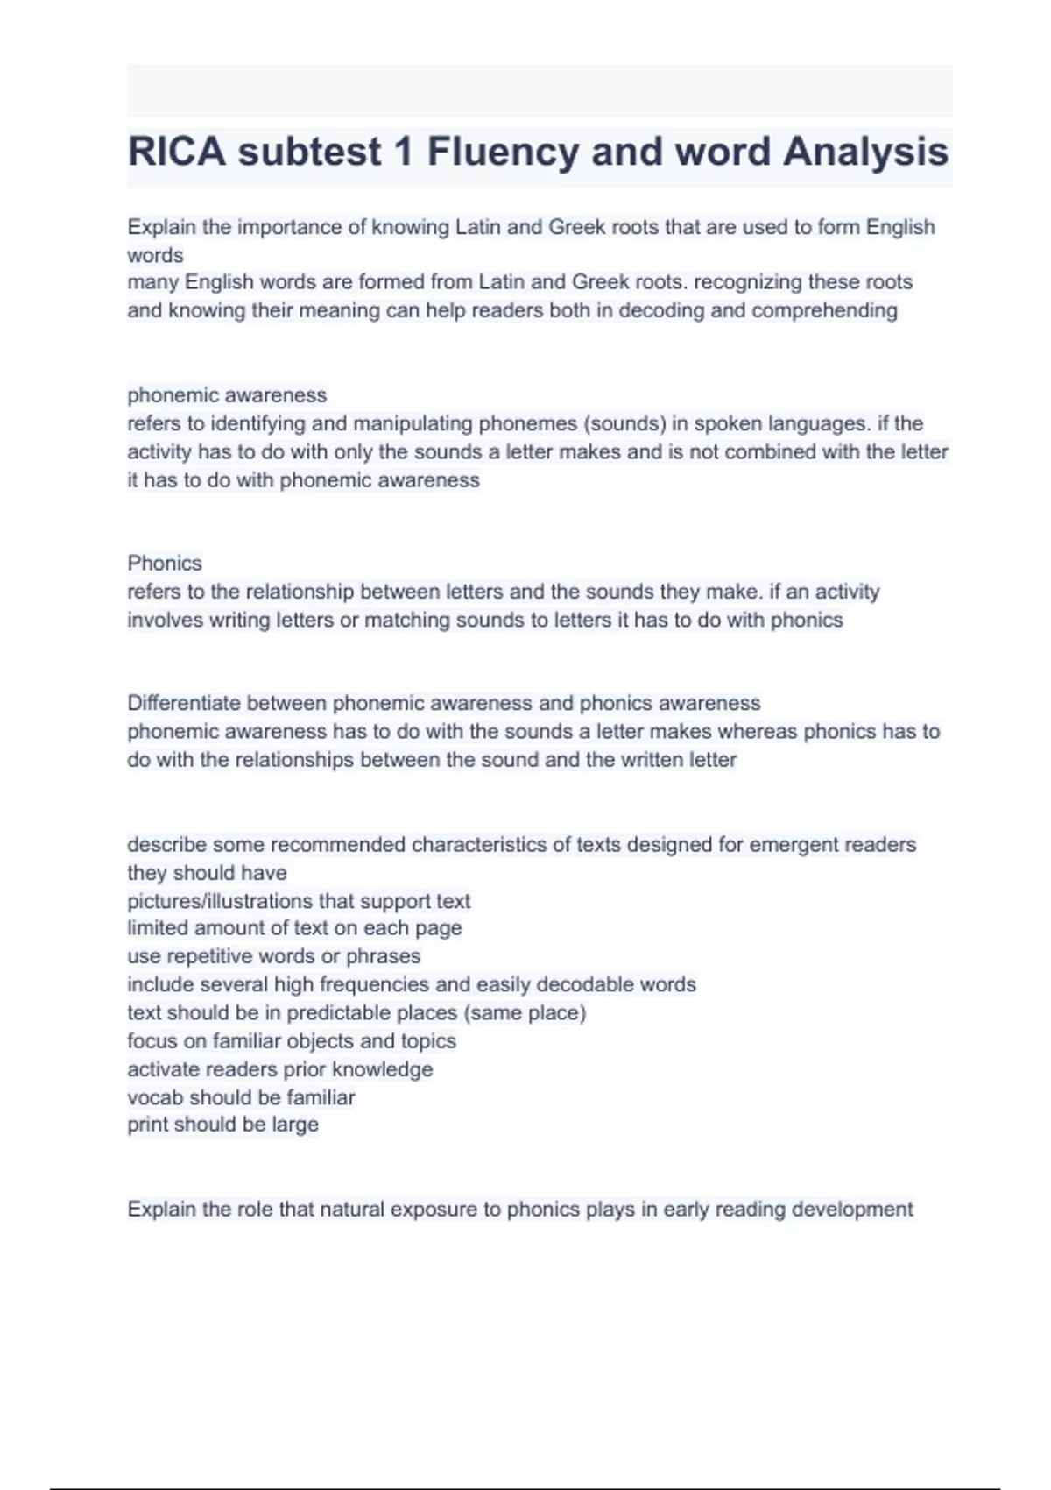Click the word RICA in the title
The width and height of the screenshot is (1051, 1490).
tap(178, 152)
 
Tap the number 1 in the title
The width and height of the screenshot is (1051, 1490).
tap(403, 152)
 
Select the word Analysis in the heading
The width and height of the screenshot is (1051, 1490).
tap(865, 152)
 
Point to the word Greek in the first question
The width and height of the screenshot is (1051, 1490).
tap(576, 227)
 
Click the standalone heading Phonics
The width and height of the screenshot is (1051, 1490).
tap(165, 563)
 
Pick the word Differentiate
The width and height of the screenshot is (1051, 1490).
tap(184, 703)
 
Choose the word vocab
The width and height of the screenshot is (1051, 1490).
tap(155, 1097)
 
